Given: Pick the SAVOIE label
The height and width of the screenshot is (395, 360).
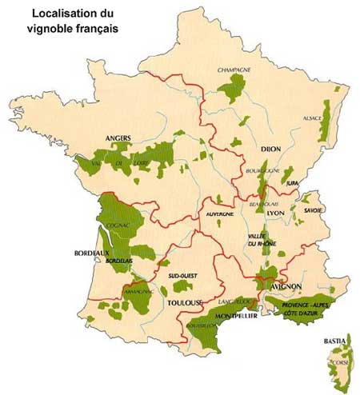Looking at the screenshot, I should pyautogui.click(x=313, y=209).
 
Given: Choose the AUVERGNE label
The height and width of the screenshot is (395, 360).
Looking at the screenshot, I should pyautogui.click(x=219, y=214).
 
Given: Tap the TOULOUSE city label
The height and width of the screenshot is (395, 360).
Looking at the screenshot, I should pyautogui.click(x=186, y=304).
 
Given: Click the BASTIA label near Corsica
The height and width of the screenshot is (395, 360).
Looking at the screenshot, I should pyautogui.click(x=335, y=341).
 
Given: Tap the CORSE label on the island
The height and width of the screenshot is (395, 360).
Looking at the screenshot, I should pyautogui.click(x=338, y=364).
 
